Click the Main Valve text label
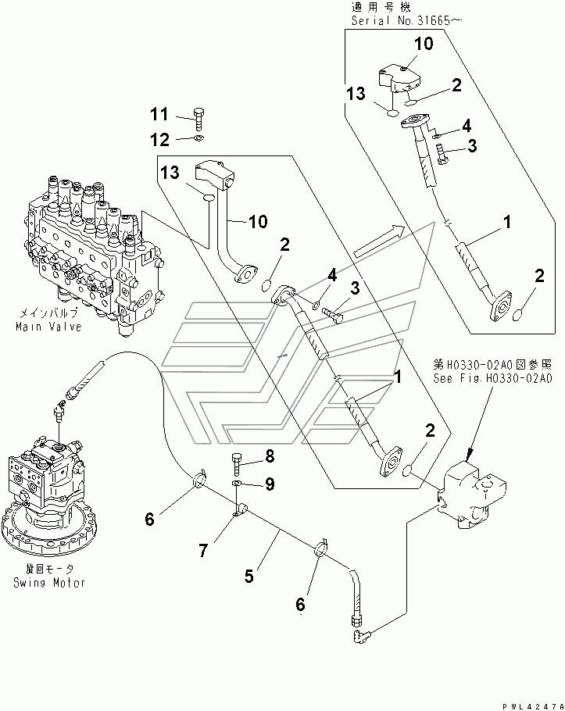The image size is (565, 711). pos(48,327)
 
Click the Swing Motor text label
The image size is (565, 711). pos(48,582)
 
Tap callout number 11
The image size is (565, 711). pos(159,115)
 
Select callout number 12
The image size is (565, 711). pos(159,139)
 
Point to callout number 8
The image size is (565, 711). pos(270,456)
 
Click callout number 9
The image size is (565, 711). pos(270,484)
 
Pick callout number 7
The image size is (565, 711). pos(202,552)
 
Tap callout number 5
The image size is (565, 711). pos(249,577)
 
